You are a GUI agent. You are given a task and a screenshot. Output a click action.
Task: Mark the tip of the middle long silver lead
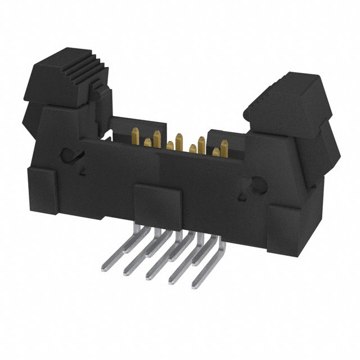click(147, 275)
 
